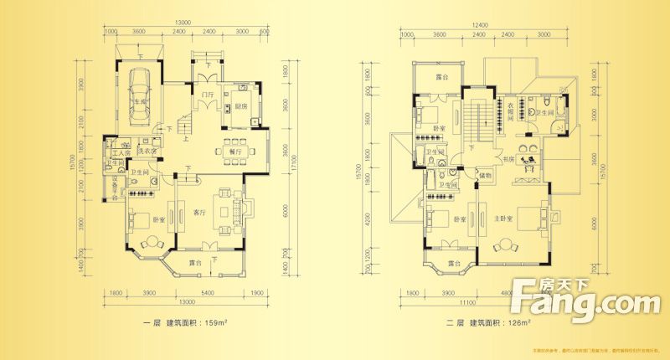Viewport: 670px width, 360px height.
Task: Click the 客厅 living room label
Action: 199,212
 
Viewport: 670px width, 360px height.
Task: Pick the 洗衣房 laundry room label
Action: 148,151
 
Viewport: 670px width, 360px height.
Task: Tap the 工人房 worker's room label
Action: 118,154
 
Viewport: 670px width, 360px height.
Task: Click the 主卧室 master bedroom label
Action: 503,219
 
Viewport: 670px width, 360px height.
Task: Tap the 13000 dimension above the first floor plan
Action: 186,24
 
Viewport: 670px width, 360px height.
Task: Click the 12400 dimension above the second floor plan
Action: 479,24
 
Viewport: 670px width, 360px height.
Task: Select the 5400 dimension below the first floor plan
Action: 201,293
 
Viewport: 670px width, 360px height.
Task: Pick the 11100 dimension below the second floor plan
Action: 467,301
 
